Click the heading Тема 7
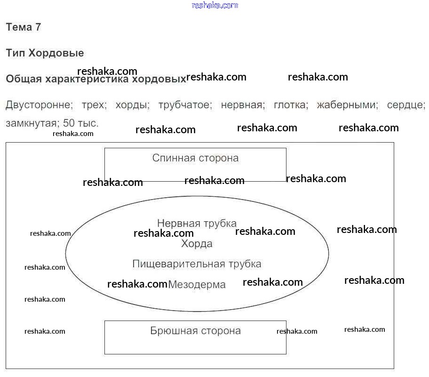point(24,27)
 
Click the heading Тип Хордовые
point(45,53)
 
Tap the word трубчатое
point(185,105)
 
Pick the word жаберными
point(347,105)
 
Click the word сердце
point(405,105)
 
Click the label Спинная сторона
point(195,158)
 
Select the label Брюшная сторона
point(195,331)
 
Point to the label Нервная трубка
point(197,223)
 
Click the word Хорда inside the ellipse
point(197,244)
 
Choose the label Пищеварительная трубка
point(197,264)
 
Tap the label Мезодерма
point(197,285)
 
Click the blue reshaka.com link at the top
point(215,6)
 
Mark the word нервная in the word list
point(241,105)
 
